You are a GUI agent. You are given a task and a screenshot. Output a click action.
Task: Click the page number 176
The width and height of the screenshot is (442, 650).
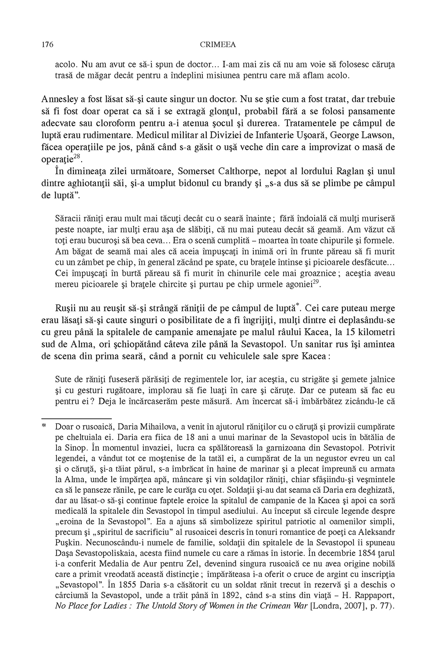pyautogui.click(x=47, y=45)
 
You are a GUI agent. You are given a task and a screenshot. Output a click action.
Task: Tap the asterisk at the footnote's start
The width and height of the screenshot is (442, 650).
pyautogui.click(x=44, y=425)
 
